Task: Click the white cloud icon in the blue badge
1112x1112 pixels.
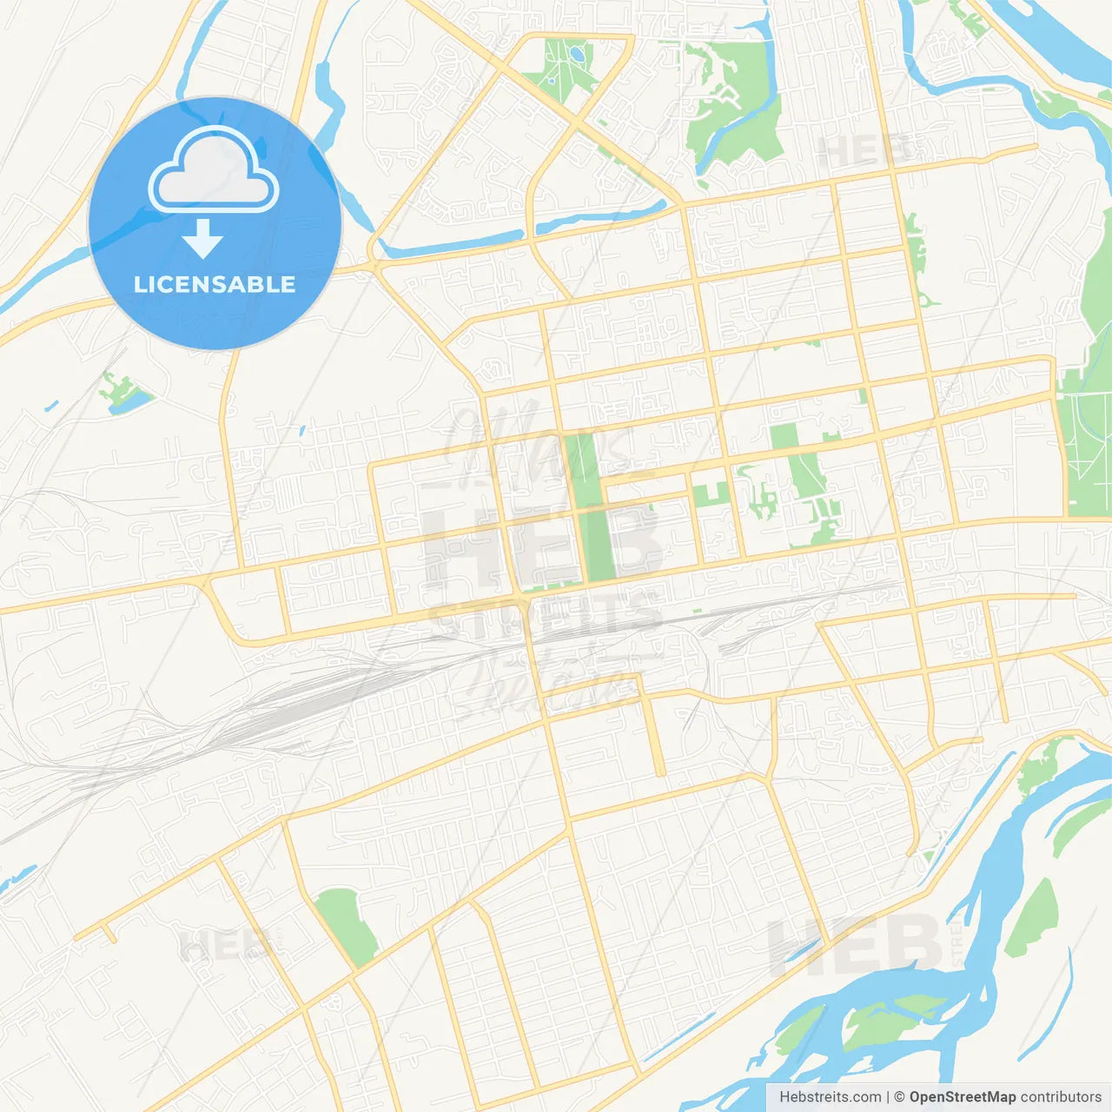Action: [x=214, y=172]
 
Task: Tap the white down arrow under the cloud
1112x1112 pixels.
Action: [x=203, y=238]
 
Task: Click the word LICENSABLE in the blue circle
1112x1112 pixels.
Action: [x=215, y=284]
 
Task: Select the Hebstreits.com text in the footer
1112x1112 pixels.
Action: [x=830, y=1097]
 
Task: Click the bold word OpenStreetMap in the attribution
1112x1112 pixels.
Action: [x=963, y=1097]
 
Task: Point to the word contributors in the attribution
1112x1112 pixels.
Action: [x=1061, y=1097]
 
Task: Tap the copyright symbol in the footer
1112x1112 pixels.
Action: [x=899, y=1097]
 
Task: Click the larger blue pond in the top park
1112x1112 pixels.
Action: [x=577, y=56]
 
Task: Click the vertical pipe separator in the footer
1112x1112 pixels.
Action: [x=888, y=1097]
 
